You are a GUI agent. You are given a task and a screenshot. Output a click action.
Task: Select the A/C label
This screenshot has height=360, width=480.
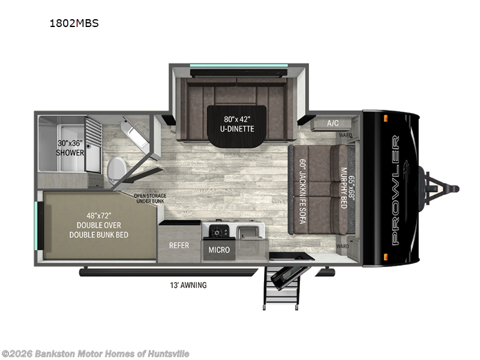click(x=332, y=123)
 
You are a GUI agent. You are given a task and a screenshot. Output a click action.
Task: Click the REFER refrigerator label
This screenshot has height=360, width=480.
click(x=179, y=245)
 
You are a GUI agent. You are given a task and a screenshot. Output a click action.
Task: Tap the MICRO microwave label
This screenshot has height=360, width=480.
click(x=219, y=249)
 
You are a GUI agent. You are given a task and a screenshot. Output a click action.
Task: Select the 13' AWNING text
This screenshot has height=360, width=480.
click(x=187, y=285)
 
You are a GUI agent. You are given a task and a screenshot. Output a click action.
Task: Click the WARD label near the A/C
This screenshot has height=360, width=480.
click(x=344, y=136)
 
